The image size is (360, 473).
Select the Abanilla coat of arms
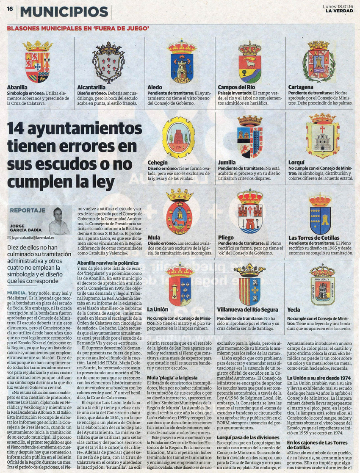[x=38, y=61]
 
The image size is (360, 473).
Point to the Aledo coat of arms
[x=182, y=62]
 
